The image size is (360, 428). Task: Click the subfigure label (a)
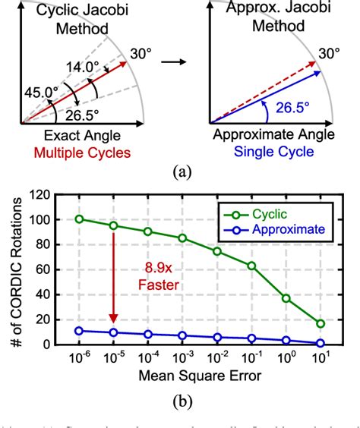point(180,173)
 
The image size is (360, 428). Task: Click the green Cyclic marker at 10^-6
point(80,219)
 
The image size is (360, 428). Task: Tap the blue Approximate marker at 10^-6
point(80,331)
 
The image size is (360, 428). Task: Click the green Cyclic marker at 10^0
point(286,298)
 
